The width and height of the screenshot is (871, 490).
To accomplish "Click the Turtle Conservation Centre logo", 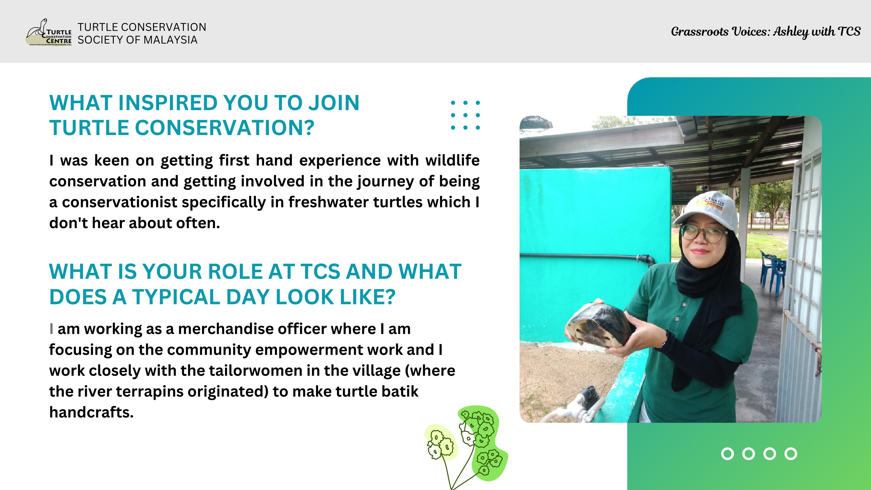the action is point(49,32).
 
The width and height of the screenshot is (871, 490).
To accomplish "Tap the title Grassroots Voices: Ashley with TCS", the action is point(765,32).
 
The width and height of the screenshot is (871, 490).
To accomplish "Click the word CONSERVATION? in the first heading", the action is point(224,128).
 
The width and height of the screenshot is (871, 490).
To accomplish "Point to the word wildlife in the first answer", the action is point(452,160).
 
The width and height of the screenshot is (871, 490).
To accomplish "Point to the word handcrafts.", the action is point(91,413).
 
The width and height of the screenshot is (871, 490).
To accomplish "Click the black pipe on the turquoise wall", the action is point(587,257).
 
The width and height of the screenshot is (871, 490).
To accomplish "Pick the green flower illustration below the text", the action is point(467,447).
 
